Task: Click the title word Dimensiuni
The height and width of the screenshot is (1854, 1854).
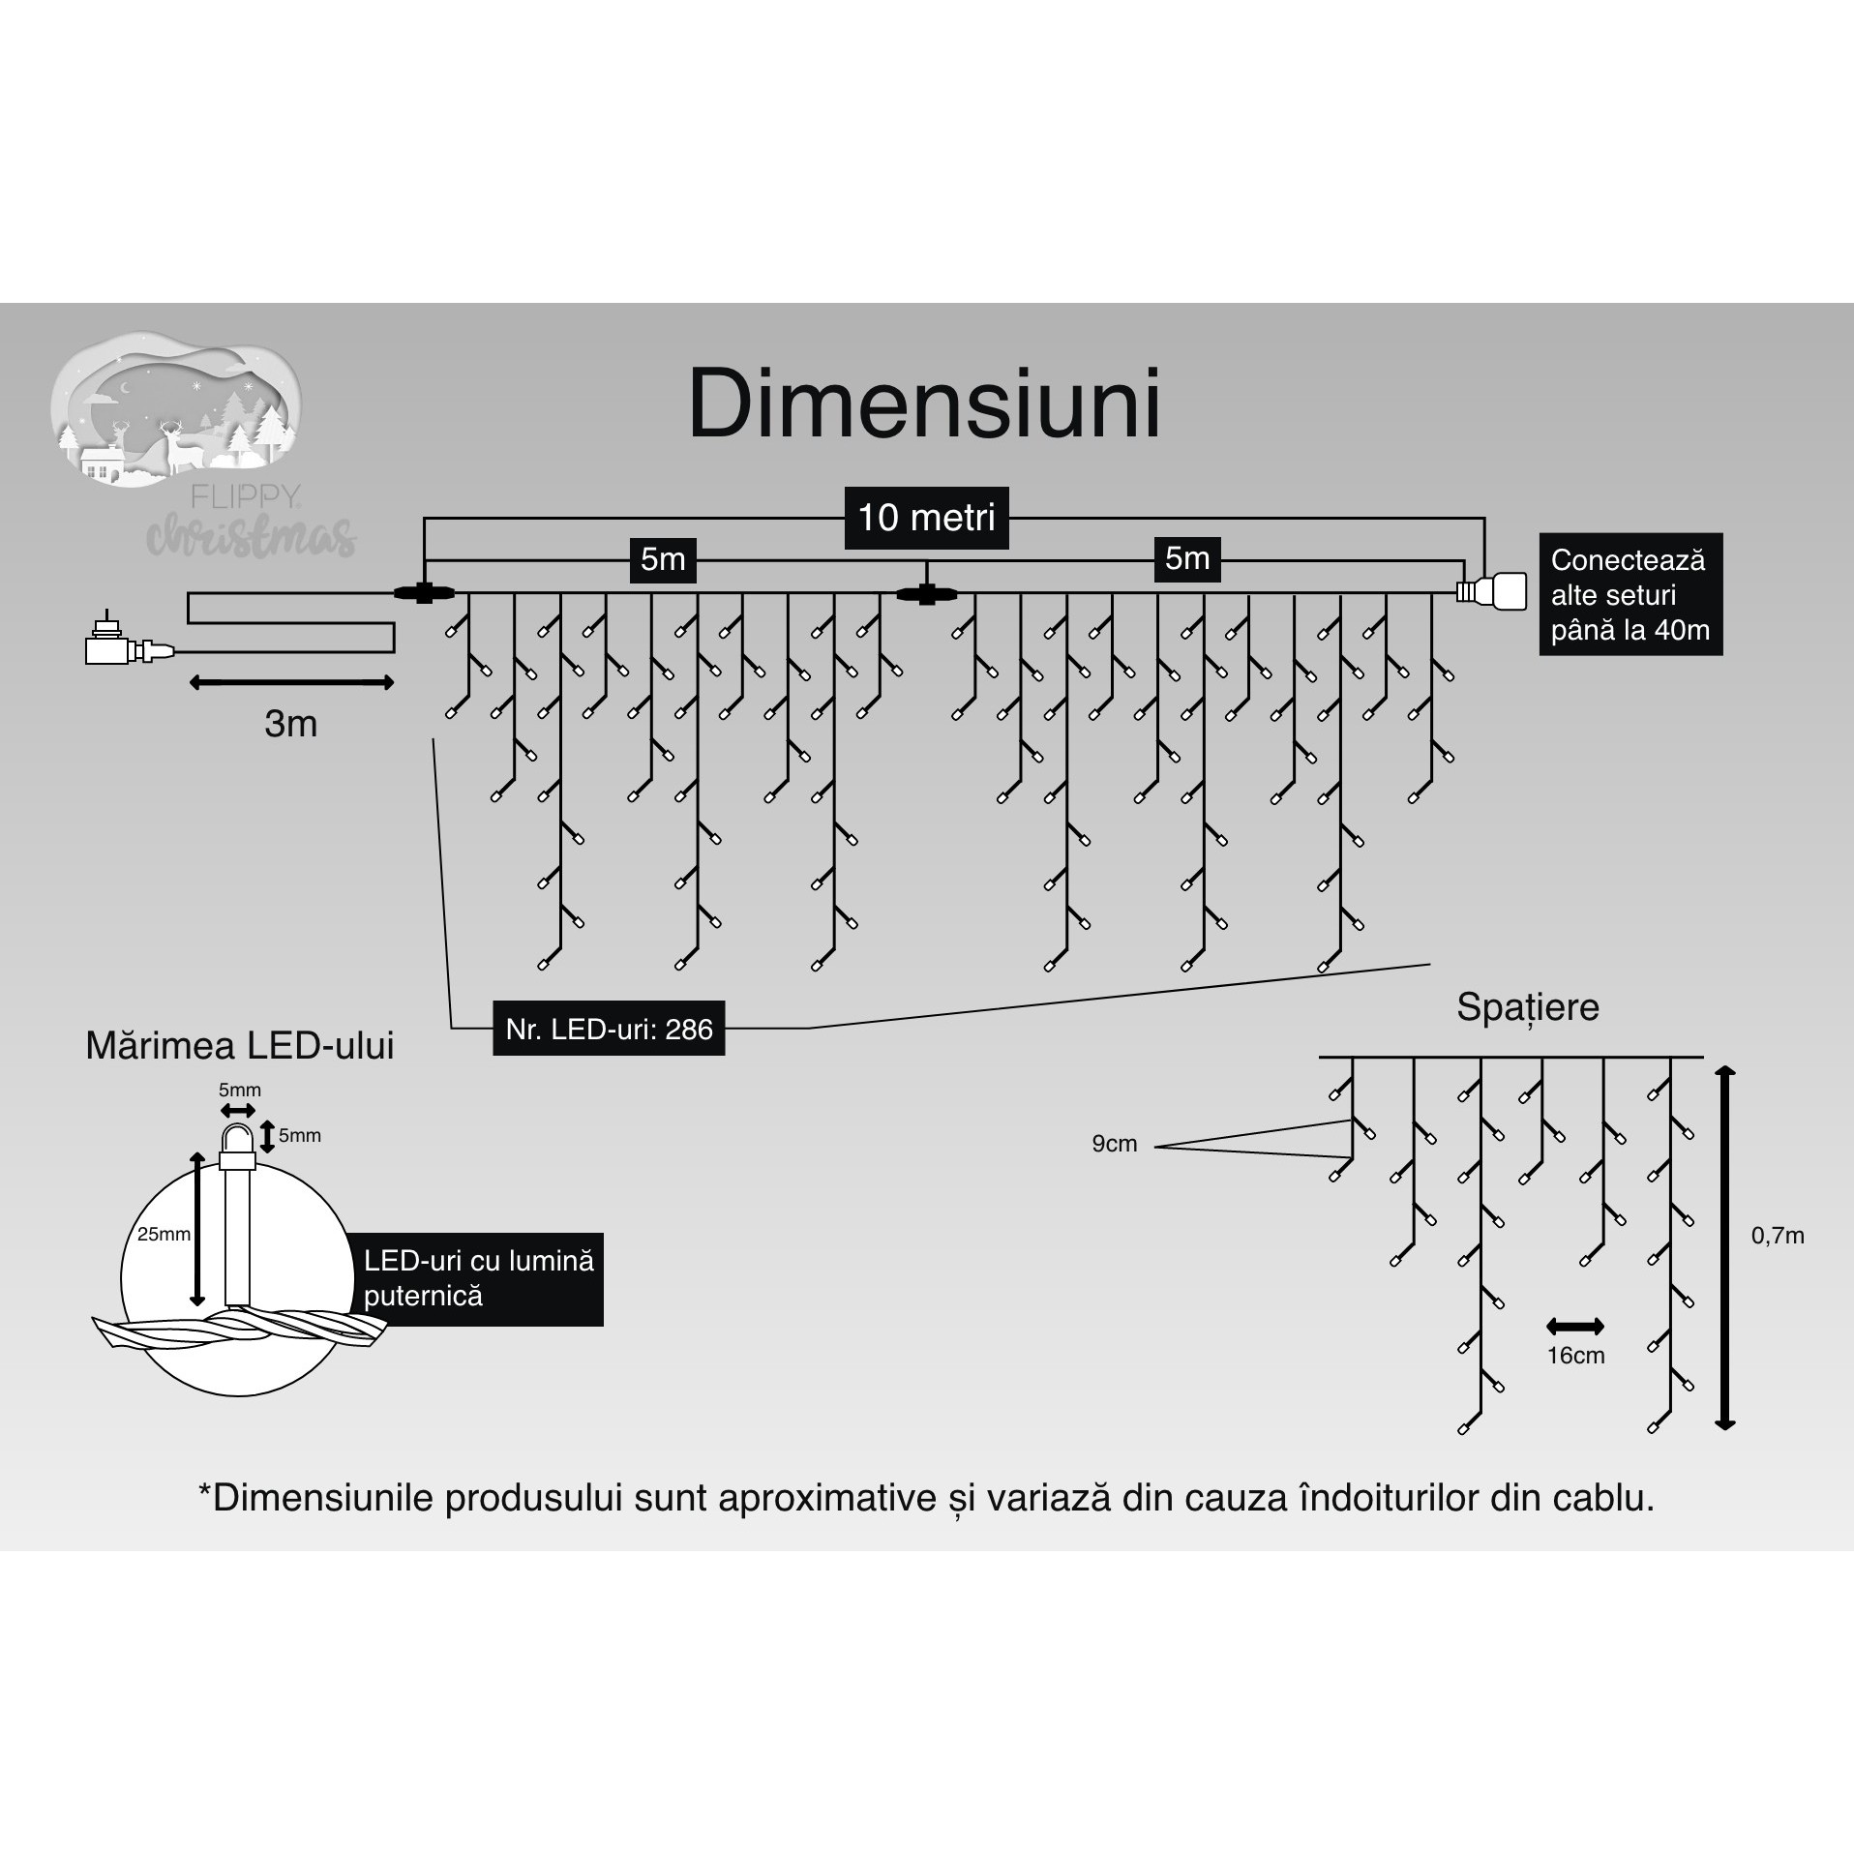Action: pyautogui.click(x=924, y=404)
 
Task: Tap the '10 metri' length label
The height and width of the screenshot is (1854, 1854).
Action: pyautogui.click(x=926, y=518)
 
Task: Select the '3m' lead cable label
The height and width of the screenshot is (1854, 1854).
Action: pyautogui.click(x=290, y=724)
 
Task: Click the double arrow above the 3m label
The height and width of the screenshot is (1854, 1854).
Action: pyautogui.click(x=291, y=683)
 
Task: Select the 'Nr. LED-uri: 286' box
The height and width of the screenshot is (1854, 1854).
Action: pyautogui.click(x=609, y=1029)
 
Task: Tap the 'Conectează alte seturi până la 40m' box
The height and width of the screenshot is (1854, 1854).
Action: pyautogui.click(x=1630, y=594)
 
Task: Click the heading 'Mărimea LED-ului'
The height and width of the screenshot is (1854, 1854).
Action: pyautogui.click(x=240, y=1047)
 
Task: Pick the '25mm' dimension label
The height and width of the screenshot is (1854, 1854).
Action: pyautogui.click(x=164, y=1235)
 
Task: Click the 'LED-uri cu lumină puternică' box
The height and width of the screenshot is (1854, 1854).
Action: pyautogui.click(x=479, y=1278)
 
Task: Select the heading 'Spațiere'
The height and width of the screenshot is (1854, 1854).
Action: pyautogui.click(x=1527, y=1007)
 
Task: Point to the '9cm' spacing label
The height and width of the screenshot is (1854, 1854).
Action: pyautogui.click(x=1114, y=1144)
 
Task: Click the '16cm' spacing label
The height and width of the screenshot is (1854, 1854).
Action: pyautogui.click(x=1575, y=1356)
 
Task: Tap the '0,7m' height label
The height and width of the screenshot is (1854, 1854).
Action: pyautogui.click(x=1778, y=1236)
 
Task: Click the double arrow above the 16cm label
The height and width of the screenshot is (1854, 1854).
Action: pyautogui.click(x=1575, y=1326)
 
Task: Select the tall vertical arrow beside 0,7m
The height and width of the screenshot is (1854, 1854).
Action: pyautogui.click(x=1725, y=1247)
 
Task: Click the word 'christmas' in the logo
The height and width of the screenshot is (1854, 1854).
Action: pyautogui.click(x=251, y=535)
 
